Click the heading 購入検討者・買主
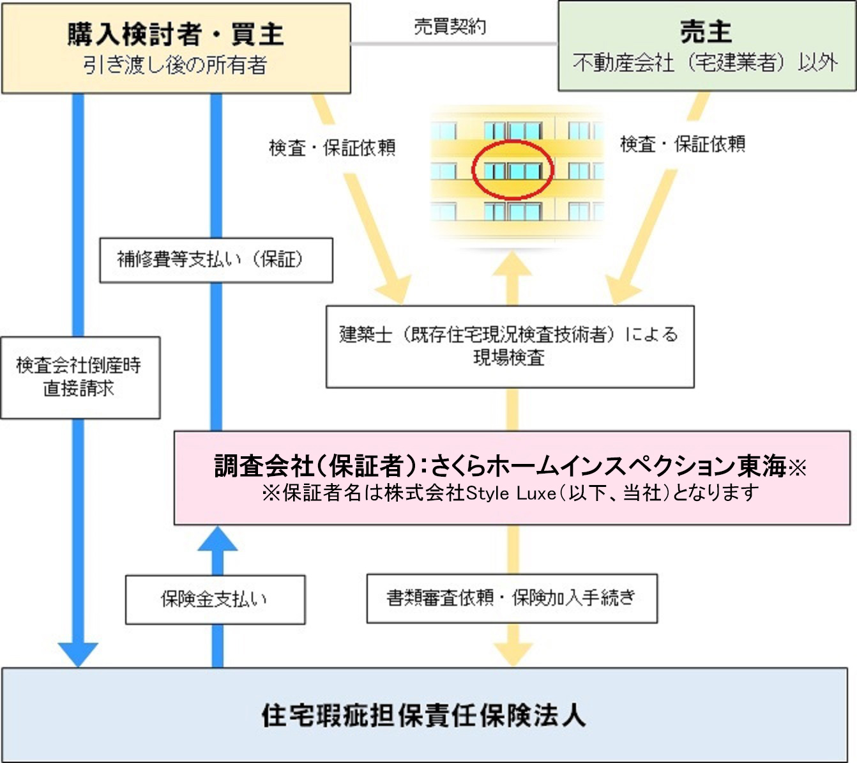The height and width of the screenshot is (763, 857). pyautogui.click(x=176, y=34)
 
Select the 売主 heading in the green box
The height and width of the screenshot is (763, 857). pyautogui.click(x=706, y=32)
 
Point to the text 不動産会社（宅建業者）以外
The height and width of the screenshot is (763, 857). pyautogui.click(x=706, y=62)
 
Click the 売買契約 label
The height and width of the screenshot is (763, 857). pyautogui.click(x=450, y=26)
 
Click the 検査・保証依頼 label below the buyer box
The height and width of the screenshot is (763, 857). pyautogui.click(x=332, y=148)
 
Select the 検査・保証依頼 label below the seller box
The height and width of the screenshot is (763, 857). pyautogui.click(x=683, y=144)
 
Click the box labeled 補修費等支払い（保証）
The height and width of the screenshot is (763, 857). pyautogui.click(x=216, y=259)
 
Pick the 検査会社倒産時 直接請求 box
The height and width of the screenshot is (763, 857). pyautogui.click(x=79, y=377)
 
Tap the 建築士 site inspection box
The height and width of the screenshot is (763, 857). pyautogui.click(x=510, y=346)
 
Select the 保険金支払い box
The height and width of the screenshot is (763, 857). pyautogui.click(x=215, y=599)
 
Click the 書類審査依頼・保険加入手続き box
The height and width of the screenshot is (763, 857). pyautogui.click(x=512, y=598)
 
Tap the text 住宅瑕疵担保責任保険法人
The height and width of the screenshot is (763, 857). pyautogui.click(x=423, y=715)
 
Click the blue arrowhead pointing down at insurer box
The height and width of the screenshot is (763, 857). pyautogui.click(x=78, y=654)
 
